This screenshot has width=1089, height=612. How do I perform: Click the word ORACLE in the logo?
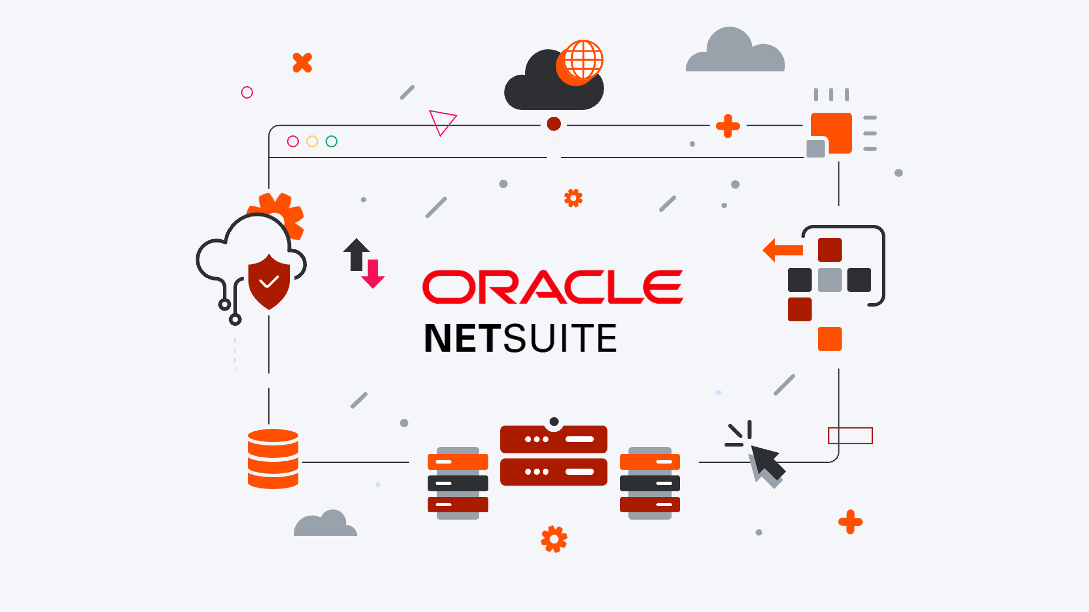point(552,287)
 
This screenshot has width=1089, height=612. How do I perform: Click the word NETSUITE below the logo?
point(520,338)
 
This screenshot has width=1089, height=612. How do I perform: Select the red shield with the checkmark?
point(269,282)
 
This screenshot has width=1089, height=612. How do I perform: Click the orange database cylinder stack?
point(273,459)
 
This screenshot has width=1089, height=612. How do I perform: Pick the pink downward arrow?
point(373,274)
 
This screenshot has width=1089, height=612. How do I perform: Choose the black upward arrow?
point(356,253)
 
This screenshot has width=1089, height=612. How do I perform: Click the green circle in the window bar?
point(332,141)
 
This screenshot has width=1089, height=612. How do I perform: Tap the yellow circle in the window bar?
point(312,141)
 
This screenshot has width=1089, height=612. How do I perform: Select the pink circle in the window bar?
point(293,141)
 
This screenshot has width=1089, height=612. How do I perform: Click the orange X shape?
point(302,62)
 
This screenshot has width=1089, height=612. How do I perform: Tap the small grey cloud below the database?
point(325,525)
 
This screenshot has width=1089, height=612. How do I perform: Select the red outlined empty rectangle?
point(850,436)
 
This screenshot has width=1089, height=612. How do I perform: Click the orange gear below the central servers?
point(554,539)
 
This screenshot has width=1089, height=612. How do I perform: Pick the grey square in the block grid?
point(830,280)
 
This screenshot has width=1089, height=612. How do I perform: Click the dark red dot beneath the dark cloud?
point(554,124)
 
